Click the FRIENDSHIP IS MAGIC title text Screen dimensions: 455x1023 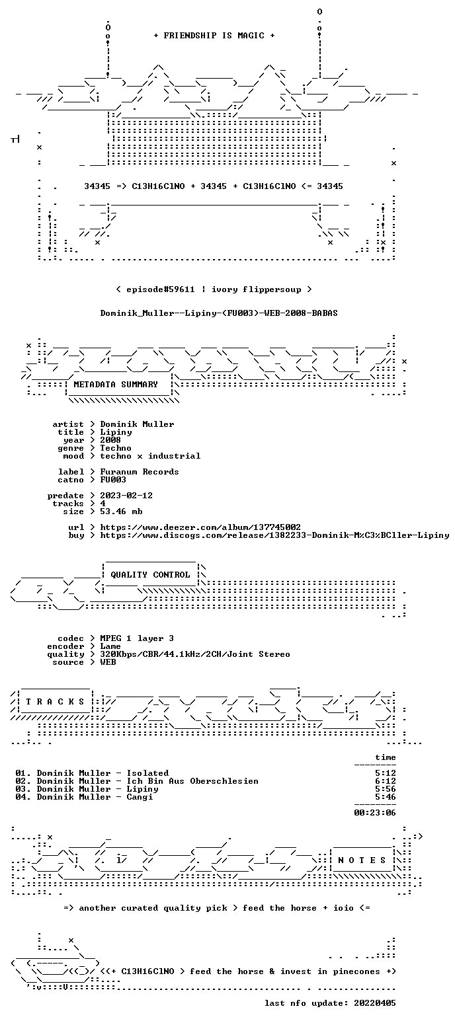tap(214, 36)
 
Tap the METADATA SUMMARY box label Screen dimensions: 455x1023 tap(116, 385)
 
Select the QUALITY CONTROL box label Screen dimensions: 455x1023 tap(150, 575)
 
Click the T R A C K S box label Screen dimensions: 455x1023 tap(55, 702)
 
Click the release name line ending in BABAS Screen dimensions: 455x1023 tap(219, 313)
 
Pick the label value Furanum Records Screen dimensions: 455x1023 tap(140, 472)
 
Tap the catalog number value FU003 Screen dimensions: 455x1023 tap(113, 480)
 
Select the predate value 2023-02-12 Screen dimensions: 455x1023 tap(126, 496)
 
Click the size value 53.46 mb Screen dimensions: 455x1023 tap(121, 511)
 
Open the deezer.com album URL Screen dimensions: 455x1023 tap(200, 527)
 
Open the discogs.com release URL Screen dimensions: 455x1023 tap(274, 535)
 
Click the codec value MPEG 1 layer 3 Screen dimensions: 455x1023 tap(137, 638)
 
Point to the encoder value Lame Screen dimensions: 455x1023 tap(110, 647)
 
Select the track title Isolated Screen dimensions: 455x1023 tap(147, 773)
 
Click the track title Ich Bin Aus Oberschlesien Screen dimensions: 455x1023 tap(192, 781)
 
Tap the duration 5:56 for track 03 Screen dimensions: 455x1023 tap(385, 789)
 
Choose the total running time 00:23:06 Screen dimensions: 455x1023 tap(374, 813)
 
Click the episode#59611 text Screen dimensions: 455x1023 tap(160, 289)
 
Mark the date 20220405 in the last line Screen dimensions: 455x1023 tap(374, 1003)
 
